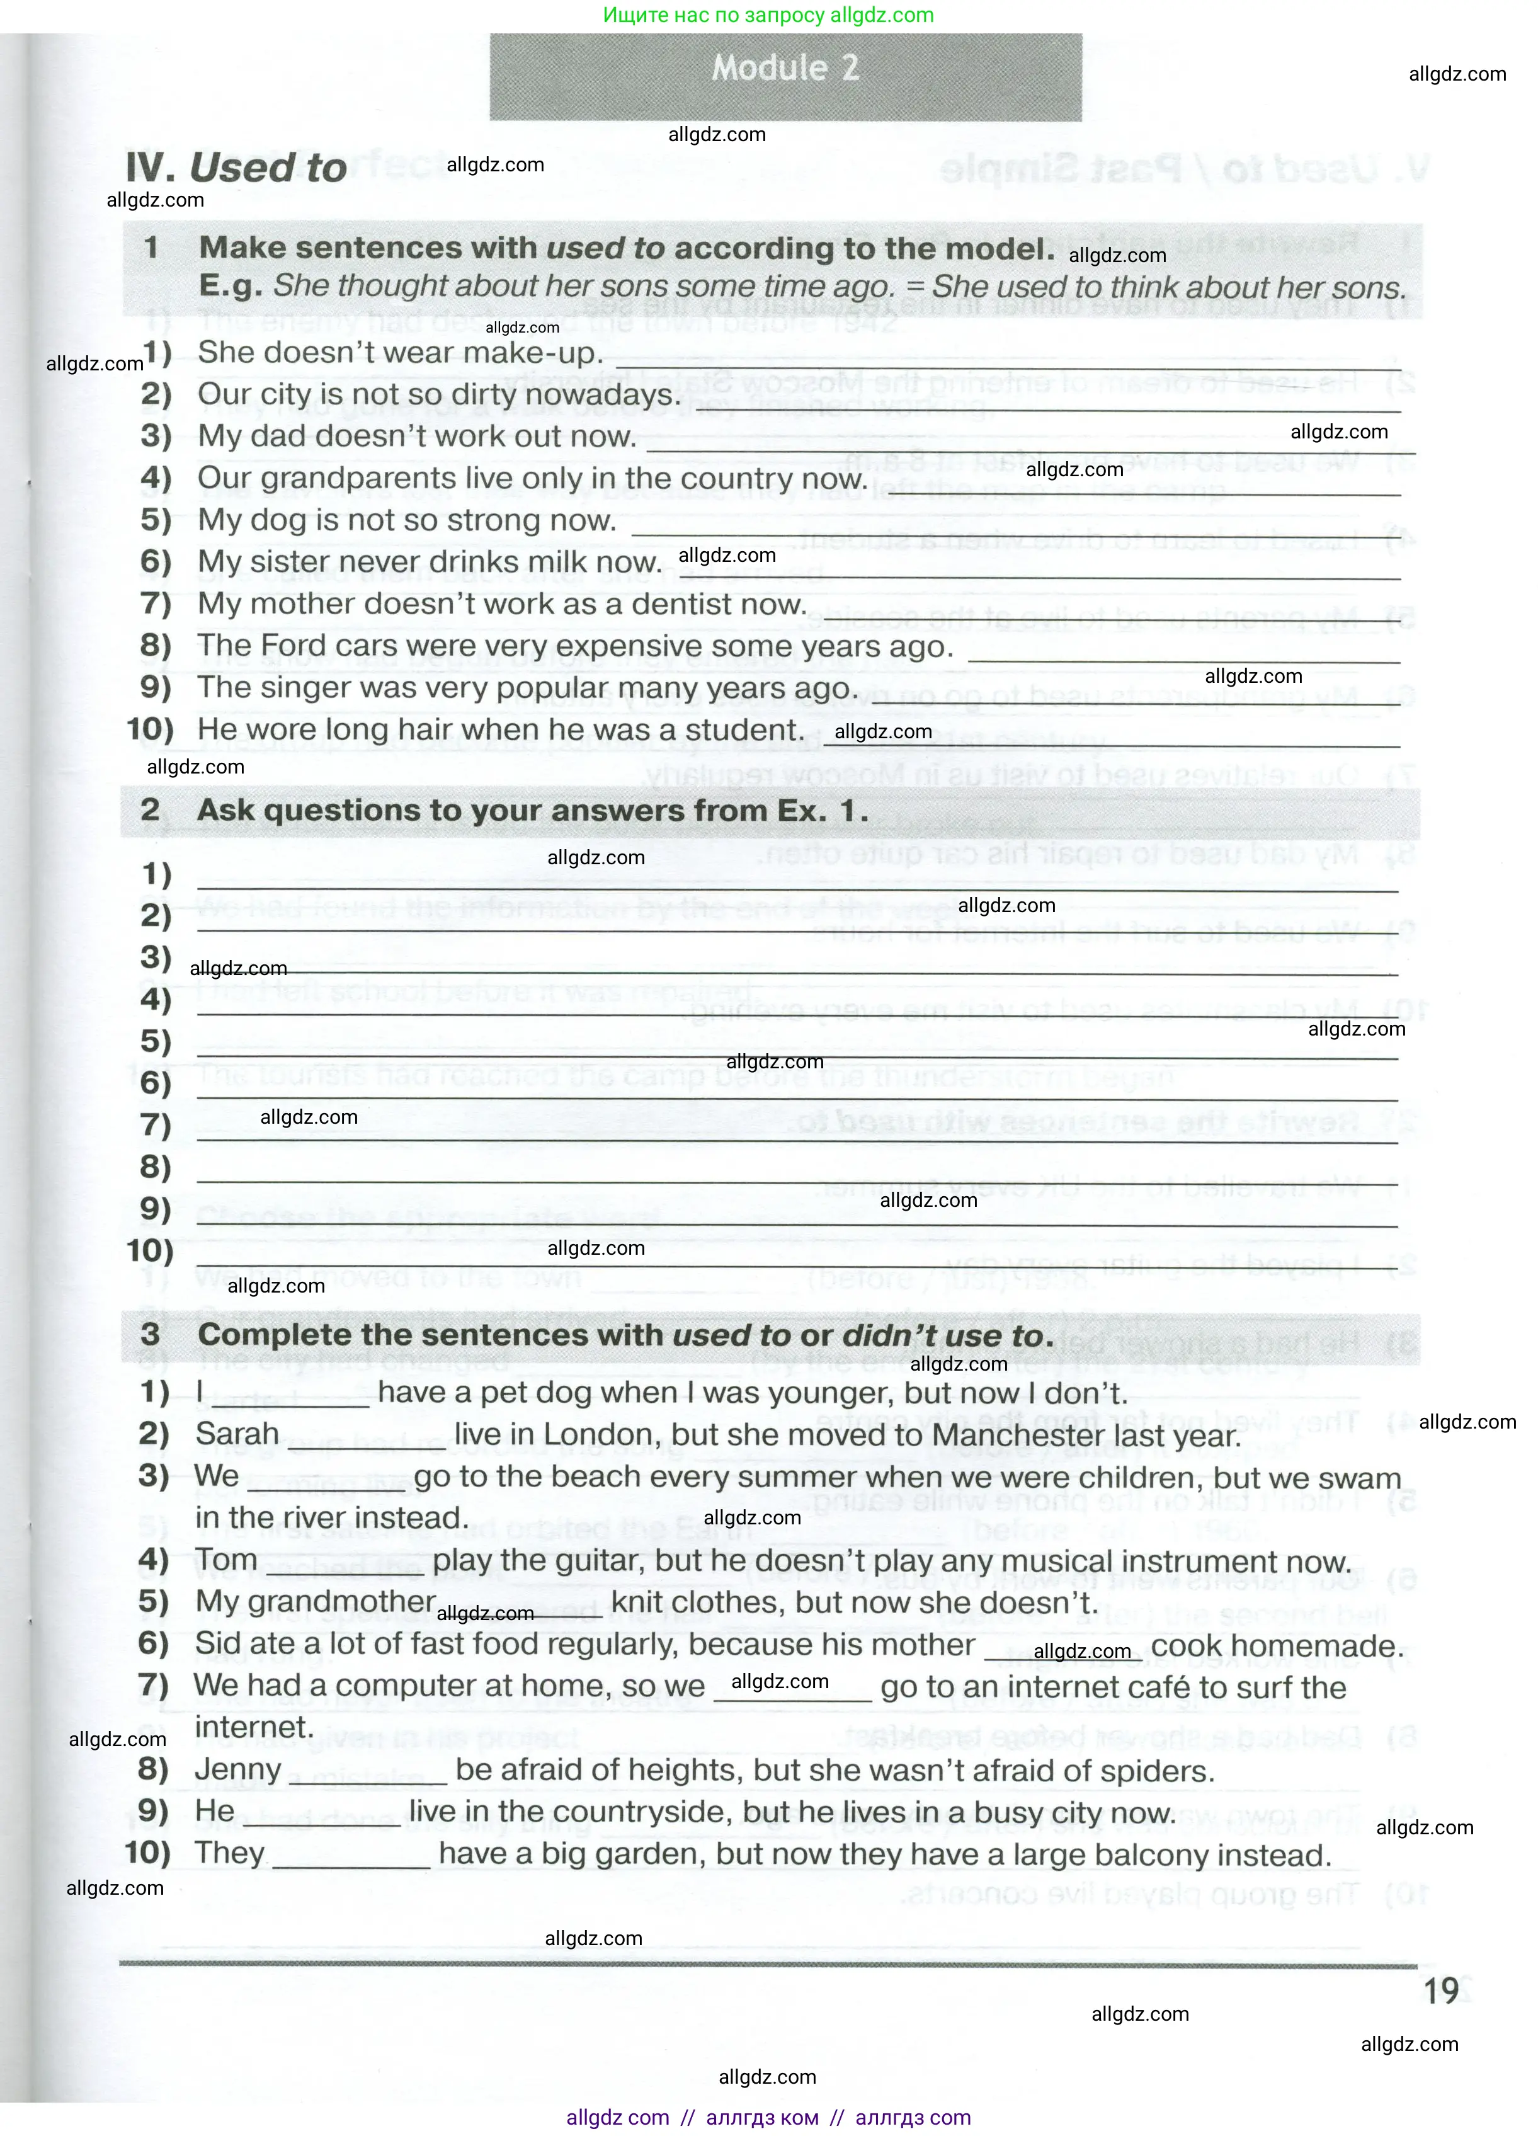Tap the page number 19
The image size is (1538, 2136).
click(x=1441, y=1991)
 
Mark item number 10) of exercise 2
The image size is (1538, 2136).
click(x=150, y=1251)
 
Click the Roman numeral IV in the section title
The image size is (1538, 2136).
click(x=149, y=168)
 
